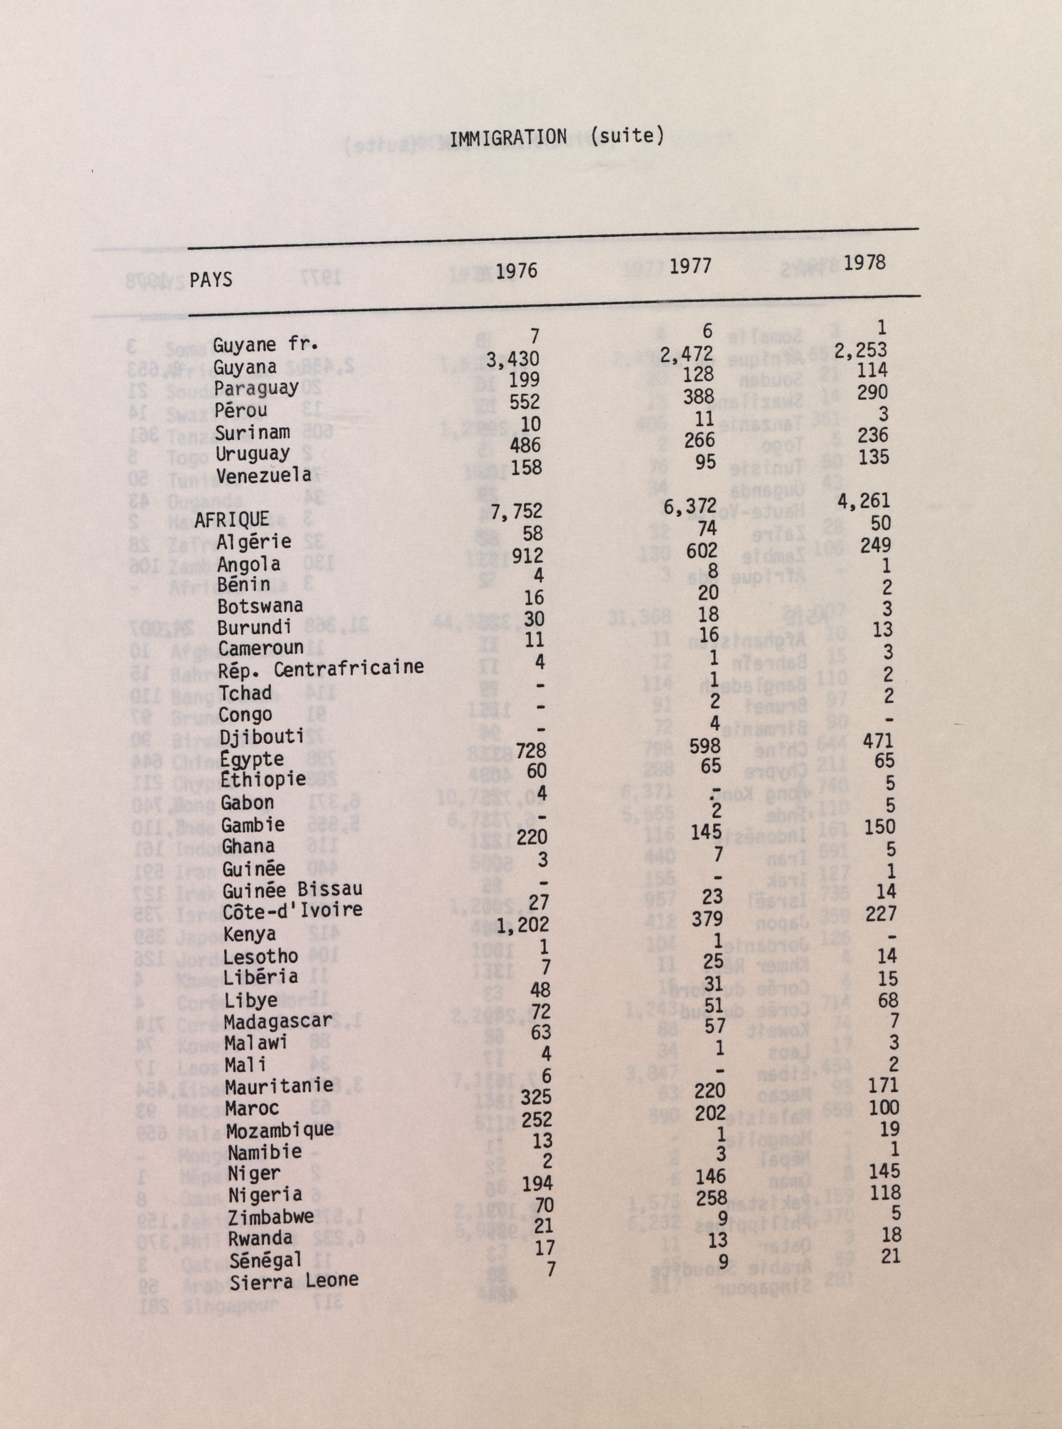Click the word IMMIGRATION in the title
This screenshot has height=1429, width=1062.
(508, 138)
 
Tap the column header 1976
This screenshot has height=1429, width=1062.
(516, 271)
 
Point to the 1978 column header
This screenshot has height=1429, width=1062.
(864, 263)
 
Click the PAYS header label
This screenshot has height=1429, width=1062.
(211, 280)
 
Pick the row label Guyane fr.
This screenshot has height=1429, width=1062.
(265, 345)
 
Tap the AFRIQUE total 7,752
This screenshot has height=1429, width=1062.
(516, 512)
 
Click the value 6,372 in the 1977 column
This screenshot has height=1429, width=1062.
(690, 507)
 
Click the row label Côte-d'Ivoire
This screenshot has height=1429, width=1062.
(292, 911)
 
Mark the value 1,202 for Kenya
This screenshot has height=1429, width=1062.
(522, 925)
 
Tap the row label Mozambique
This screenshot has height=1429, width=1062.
(280, 1130)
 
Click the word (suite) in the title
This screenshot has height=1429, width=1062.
(627, 136)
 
